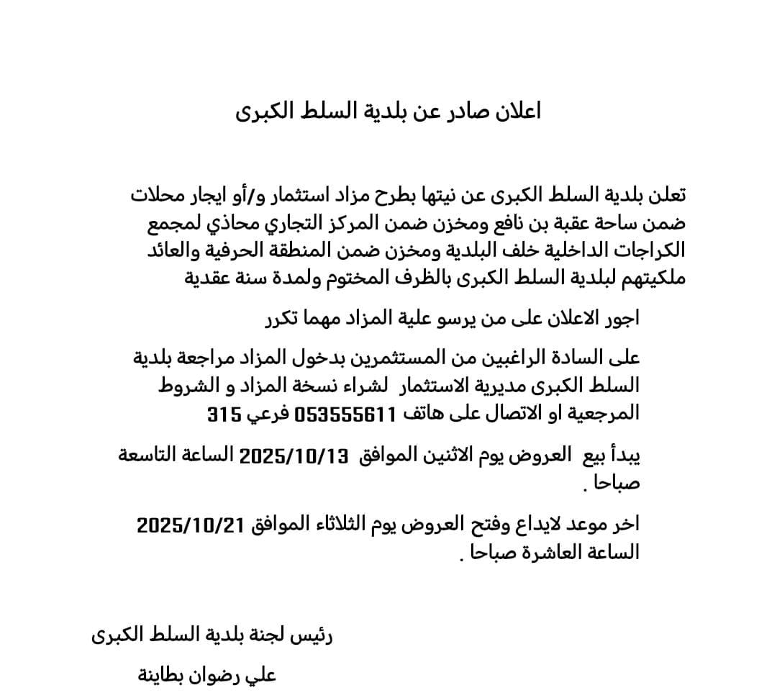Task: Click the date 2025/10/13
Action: pyautogui.click(x=294, y=455)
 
